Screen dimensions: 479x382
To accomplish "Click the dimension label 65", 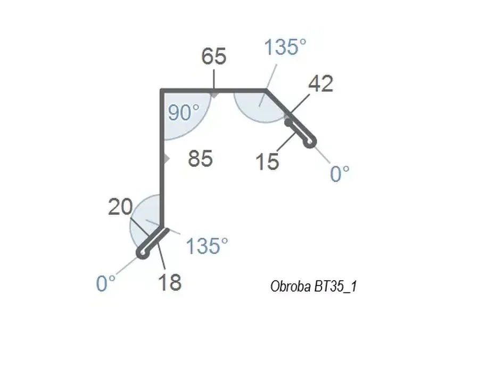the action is [x=214, y=56].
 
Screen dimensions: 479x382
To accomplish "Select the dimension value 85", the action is [x=200, y=159].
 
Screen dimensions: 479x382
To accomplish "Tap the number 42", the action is [x=321, y=84].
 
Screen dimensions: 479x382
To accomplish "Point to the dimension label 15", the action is [x=267, y=162].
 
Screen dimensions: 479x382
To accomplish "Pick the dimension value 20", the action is [x=120, y=207].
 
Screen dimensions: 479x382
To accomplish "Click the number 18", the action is [x=170, y=282].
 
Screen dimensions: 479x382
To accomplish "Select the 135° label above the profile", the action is [x=285, y=47].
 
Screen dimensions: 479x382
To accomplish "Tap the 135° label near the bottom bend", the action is [x=207, y=246].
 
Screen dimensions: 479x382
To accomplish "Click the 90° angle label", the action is [x=184, y=112].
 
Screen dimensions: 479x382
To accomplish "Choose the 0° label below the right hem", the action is [x=340, y=174].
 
